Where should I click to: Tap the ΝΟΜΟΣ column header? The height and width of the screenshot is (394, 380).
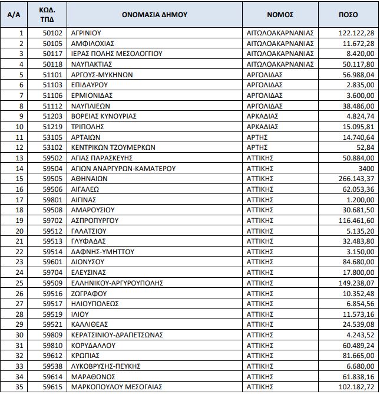(x=280, y=14)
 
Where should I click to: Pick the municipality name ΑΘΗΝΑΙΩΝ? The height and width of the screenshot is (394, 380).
(x=87, y=178)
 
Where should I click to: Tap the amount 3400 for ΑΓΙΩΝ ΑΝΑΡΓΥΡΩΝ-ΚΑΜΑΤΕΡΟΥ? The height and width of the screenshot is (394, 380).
(x=365, y=168)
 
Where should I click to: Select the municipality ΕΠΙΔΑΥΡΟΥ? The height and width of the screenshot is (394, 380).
(x=88, y=85)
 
